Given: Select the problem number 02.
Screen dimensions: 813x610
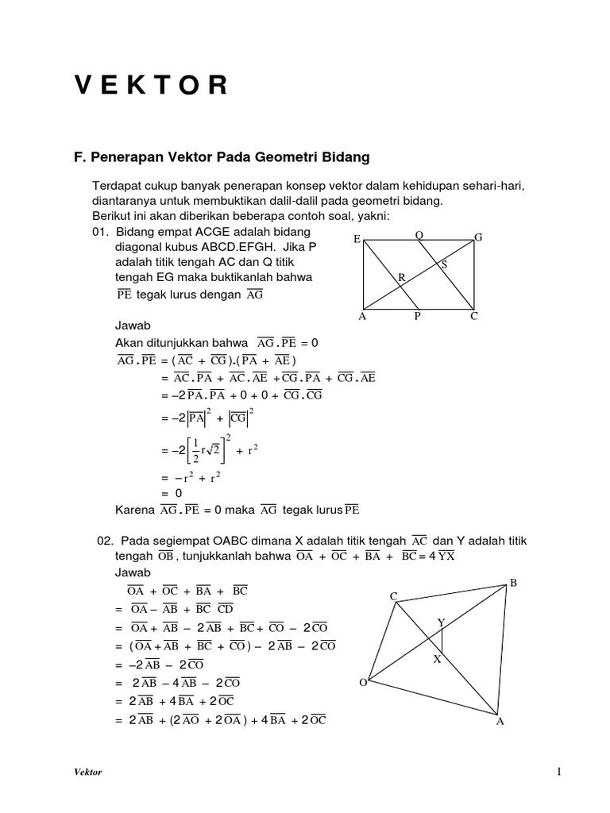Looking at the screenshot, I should [x=106, y=541].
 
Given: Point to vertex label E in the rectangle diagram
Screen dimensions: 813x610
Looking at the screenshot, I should [x=357, y=238].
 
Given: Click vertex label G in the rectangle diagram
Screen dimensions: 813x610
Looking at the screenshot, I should [x=478, y=237].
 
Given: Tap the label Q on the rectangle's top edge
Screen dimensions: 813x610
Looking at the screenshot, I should [x=419, y=235].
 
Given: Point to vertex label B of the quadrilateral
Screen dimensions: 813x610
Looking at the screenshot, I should [x=513, y=583].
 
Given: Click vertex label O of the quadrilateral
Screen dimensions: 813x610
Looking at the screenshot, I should [x=363, y=682].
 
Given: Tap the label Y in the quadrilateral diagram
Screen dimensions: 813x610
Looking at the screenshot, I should [x=442, y=623].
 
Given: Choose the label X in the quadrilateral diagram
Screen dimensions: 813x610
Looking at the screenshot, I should [x=436, y=659].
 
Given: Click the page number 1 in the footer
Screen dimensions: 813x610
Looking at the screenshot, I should [x=559, y=771].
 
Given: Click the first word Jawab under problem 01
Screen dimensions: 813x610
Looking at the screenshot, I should [x=133, y=326].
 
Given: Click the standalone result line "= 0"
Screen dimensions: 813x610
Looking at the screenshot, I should [x=172, y=492].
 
